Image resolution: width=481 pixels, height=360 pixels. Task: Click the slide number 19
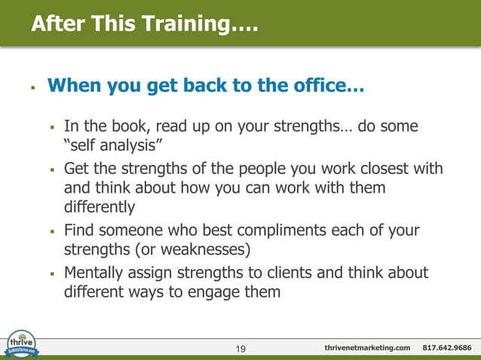coord(241,348)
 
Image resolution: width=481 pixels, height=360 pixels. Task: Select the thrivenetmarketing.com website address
coord(367,348)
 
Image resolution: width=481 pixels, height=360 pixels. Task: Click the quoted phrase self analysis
coord(112,145)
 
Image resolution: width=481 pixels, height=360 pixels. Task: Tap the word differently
coord(99,206)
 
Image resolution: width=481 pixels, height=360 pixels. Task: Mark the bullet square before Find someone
coord(52,230)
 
